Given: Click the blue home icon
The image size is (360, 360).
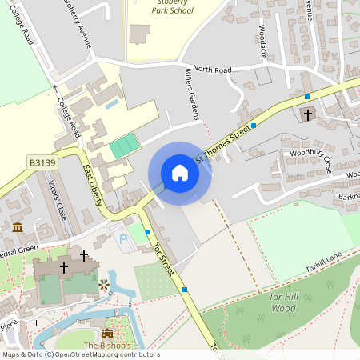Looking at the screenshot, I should [180, 173].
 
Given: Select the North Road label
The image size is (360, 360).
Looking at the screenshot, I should [212, 70].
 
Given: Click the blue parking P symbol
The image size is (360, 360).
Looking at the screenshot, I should [122, 238].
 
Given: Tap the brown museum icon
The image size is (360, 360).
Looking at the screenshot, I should [18, 228].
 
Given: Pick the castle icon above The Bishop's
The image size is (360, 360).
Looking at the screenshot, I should [107, 333].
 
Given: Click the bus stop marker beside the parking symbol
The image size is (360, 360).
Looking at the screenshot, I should [148, 232].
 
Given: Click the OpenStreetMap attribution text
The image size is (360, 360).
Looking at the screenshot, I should [80, 354].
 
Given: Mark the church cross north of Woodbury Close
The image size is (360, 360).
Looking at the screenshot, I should [308, 115].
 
